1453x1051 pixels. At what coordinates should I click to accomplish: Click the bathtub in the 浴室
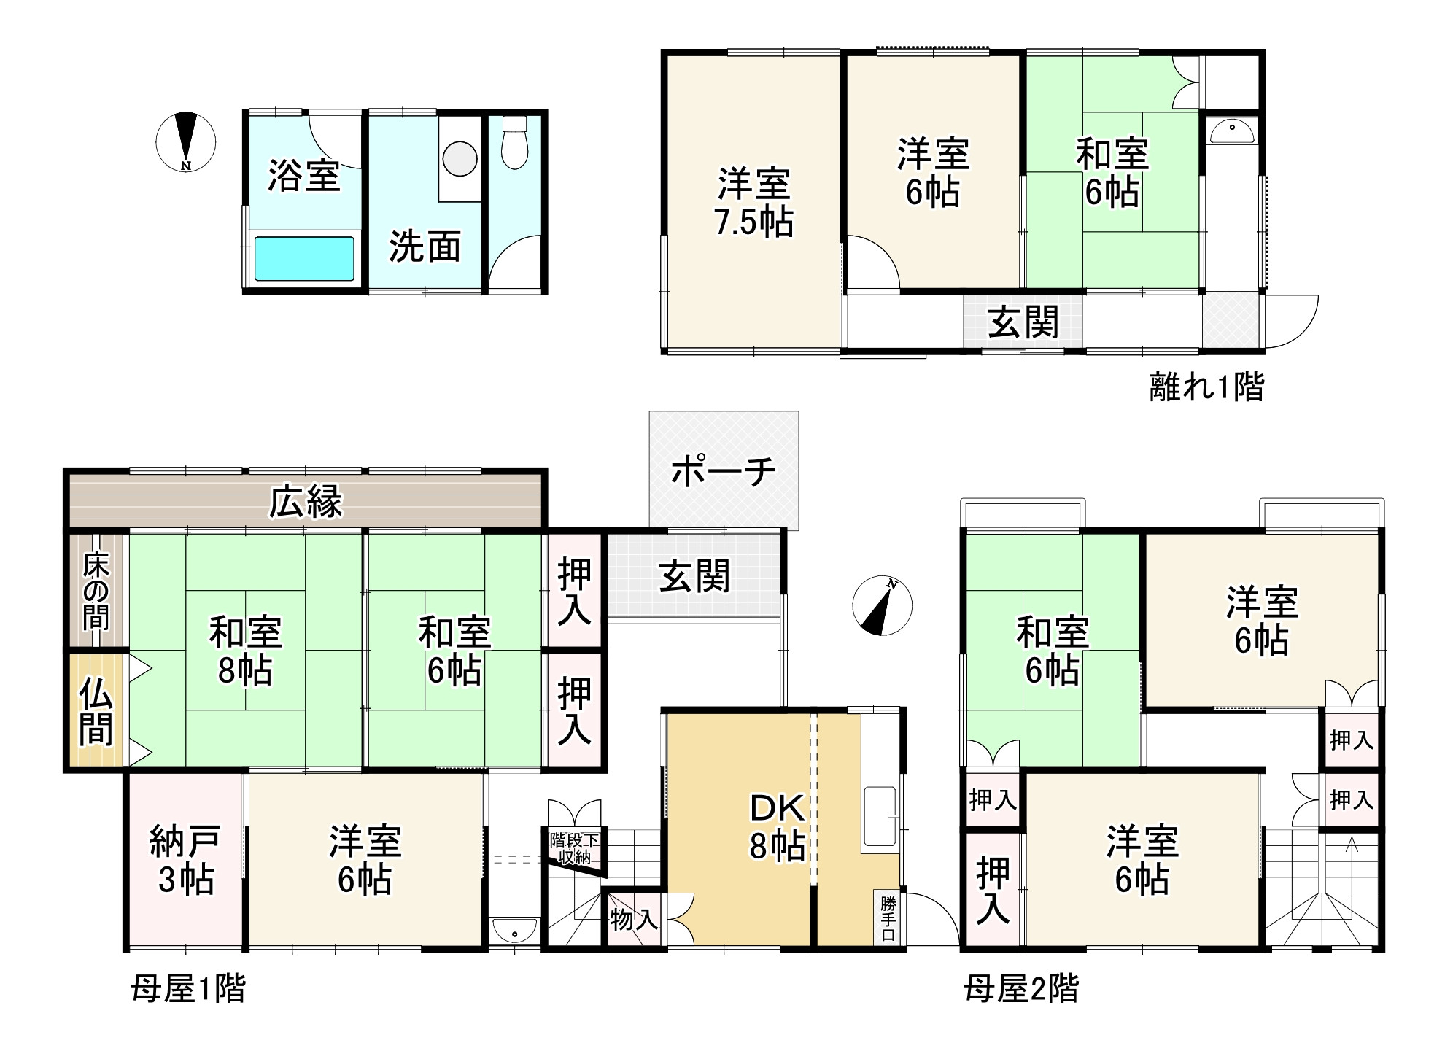point(303,258)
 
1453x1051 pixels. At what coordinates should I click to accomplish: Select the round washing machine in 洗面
point(460,158)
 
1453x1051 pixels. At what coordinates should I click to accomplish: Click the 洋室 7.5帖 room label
point(754,202)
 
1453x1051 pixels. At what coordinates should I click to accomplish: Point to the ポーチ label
point(723,471)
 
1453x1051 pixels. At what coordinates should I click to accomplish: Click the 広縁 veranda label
point(306,502)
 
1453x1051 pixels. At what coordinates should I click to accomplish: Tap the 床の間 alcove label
point(96,592)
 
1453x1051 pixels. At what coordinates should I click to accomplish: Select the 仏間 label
point(96,711)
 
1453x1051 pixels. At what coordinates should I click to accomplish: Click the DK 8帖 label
point(777,826)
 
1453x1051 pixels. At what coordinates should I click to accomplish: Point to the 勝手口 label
point(888,918)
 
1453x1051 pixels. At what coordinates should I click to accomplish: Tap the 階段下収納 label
point(574,848)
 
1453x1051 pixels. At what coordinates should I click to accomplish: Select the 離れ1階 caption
point(1206,387)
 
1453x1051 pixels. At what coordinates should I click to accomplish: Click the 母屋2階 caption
point(1020,990)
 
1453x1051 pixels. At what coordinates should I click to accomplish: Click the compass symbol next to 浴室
point(186,141)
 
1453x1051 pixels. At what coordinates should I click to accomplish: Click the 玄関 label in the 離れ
point(1023,322)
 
